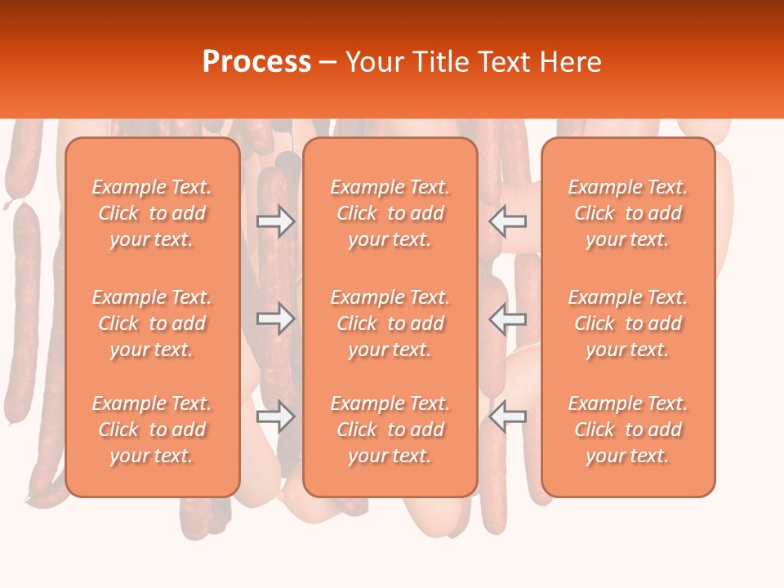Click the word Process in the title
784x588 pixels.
(x=256, y=62)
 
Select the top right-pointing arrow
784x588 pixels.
(x=275, y=220)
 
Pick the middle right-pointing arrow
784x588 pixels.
(x=275, y=318)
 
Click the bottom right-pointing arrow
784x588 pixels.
(x=275, y=416)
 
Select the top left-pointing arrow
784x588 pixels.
(x=508, y=220)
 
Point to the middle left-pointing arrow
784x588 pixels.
(x=508, y=318)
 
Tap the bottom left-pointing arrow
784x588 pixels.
(x=508, y=416)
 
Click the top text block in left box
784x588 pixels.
(x=152, y=213)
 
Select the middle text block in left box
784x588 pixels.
(x=152, y=323)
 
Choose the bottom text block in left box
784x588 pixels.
(x=152, y=430)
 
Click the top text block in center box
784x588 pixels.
(x=390, y=213)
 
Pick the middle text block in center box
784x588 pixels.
(x=390, y=323)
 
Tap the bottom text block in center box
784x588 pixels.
(x=390, y=430)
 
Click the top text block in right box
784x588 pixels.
(x=628, y=213)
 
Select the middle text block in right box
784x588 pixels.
(x=628, y=323)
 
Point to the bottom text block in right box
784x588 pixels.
(x=628, y=430)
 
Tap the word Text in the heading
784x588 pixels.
(x=503, y=62)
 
